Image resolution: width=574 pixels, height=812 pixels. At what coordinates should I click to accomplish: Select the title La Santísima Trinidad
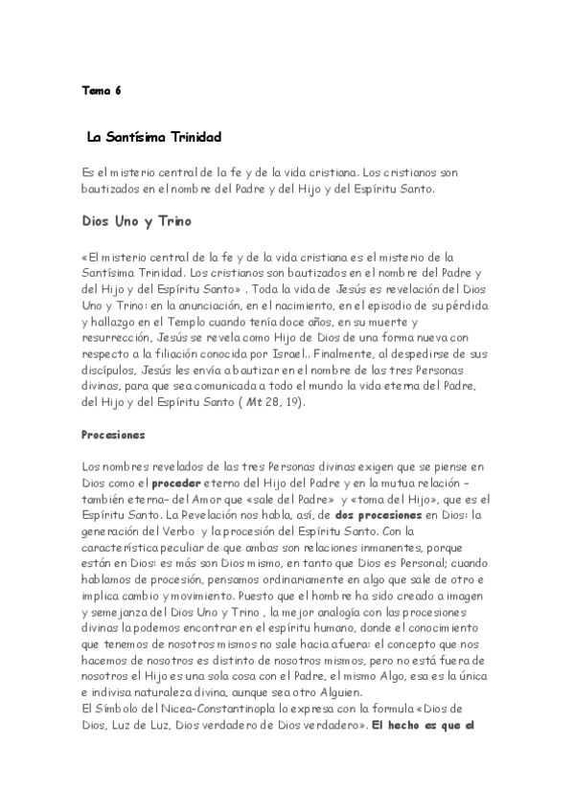click(154, 138)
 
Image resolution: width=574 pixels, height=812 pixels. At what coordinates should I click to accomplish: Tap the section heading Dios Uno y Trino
click(136, 222)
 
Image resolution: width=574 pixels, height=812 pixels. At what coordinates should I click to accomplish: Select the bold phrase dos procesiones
click(372, 514)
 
